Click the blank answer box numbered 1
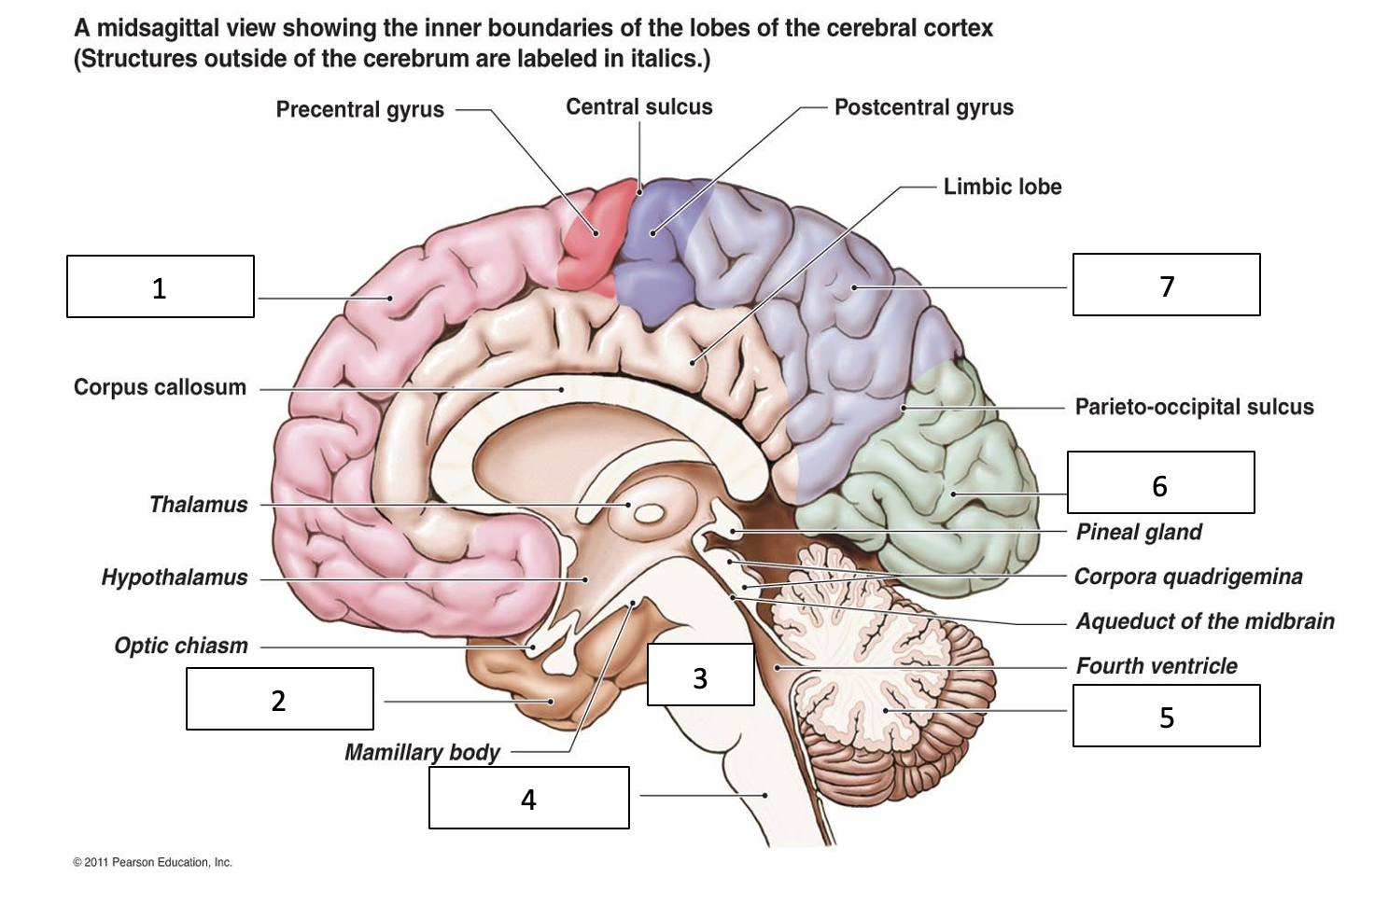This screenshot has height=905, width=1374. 160,286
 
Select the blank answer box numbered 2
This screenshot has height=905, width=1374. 279,699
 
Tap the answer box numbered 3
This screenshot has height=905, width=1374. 700,675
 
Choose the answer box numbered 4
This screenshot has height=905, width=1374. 528,798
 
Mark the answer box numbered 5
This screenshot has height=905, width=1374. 1166,716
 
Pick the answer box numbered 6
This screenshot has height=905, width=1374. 1160,482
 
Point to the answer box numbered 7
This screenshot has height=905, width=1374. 1166,285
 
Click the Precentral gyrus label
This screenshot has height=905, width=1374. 359,109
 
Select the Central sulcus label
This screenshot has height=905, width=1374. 638,107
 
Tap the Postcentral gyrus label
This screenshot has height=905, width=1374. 923,107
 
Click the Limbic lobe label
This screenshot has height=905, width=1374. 1002,187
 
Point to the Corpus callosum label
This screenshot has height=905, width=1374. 160,387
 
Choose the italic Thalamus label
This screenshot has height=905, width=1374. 199,505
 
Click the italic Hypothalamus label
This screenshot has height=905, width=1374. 175,578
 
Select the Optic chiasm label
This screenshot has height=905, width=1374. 181,646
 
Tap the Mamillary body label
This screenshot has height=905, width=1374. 422,752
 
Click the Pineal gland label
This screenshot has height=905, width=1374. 1139,532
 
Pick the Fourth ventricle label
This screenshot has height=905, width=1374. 1157,666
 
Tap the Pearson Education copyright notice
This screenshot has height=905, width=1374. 152,862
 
